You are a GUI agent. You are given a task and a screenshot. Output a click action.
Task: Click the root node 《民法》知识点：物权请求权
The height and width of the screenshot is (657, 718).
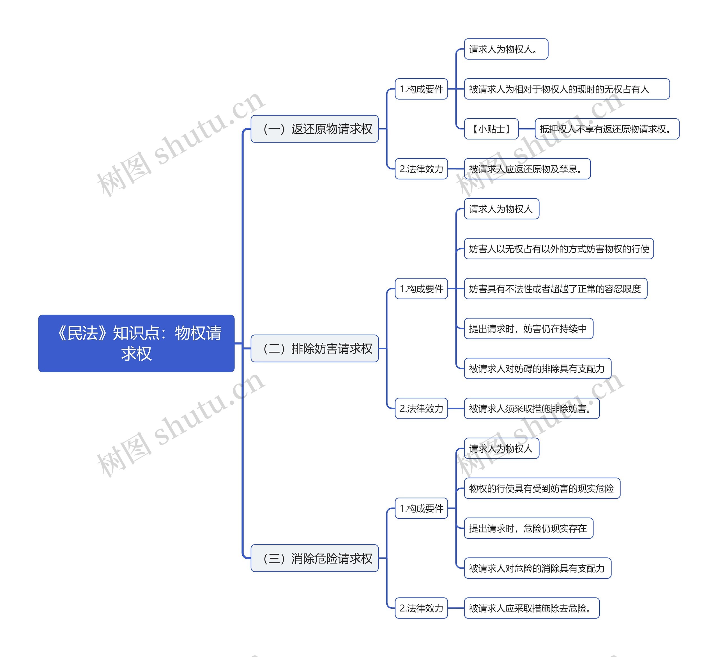point(136,344)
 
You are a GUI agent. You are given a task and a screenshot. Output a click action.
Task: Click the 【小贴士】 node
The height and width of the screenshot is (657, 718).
point(491,129)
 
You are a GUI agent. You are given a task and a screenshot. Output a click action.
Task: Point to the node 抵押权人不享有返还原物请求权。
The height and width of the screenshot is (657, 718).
point(607,129)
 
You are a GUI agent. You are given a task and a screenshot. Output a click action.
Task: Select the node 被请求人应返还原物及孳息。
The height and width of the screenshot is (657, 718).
point(527,169)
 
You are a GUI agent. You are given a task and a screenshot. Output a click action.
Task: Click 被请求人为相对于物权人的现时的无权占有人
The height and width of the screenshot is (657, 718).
point(567,89)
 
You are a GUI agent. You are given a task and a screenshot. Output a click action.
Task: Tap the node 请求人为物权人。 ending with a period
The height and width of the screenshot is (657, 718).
point(506,49)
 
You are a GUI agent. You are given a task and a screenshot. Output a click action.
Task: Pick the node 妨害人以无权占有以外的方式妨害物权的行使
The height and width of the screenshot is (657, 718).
point(559,249)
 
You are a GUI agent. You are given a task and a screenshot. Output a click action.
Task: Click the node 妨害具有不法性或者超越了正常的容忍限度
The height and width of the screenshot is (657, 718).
point(556,289)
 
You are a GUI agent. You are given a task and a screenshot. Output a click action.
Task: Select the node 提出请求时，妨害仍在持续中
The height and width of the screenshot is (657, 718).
point(528,328)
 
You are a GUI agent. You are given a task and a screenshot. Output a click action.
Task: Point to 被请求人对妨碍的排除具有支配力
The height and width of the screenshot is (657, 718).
point(537,368)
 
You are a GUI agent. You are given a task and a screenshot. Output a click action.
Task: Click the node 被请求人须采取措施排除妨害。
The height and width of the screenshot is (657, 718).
point(532,408)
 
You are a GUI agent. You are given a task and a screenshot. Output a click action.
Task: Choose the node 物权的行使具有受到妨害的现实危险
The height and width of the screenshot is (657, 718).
point(542,488)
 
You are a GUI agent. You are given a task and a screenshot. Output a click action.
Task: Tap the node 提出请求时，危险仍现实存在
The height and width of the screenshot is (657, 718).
point(528,528)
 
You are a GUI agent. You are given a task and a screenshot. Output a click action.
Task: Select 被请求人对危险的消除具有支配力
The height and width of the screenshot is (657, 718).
point(537,568)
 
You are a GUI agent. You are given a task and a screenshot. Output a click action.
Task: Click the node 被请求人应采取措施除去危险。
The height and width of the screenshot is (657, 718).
point(532,608)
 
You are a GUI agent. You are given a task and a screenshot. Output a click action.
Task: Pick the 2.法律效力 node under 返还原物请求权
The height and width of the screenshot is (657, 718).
point(421,169)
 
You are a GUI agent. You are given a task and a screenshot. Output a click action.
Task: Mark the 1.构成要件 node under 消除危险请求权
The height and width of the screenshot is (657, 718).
point(421,508)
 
